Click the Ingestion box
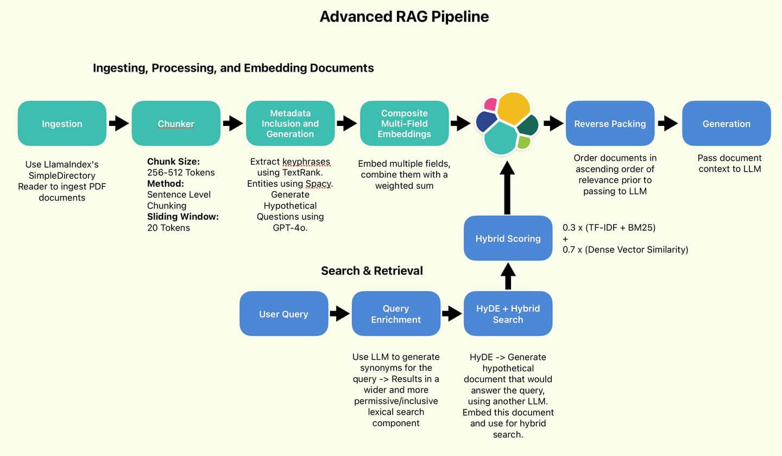click(x=62, y=124)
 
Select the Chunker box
click(x=176, y=124)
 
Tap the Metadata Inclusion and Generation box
click(x=290, y=124)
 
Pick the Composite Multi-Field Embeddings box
click(x=404, y=124)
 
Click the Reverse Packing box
click(x=610, y=124)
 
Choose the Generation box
click(x=727, y=124)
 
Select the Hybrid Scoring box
click(x=508, y=238)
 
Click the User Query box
click(x=284, y=314)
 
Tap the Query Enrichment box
click(x=396, y=314)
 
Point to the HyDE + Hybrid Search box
click(x=508, y=314)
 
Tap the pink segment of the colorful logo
click(x=490, y=104)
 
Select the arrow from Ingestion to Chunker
click(x=119, y=123)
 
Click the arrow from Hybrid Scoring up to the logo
click(x=507, y=188)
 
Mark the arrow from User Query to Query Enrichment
click(x=340, y=314)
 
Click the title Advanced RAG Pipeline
click(x=404, y=17)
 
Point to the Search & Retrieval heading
click(x=372, y=271)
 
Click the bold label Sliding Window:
click(x=183, y=217)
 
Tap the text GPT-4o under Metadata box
click(x=290, y=228)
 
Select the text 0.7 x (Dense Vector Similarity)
click(x=625, y=250)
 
